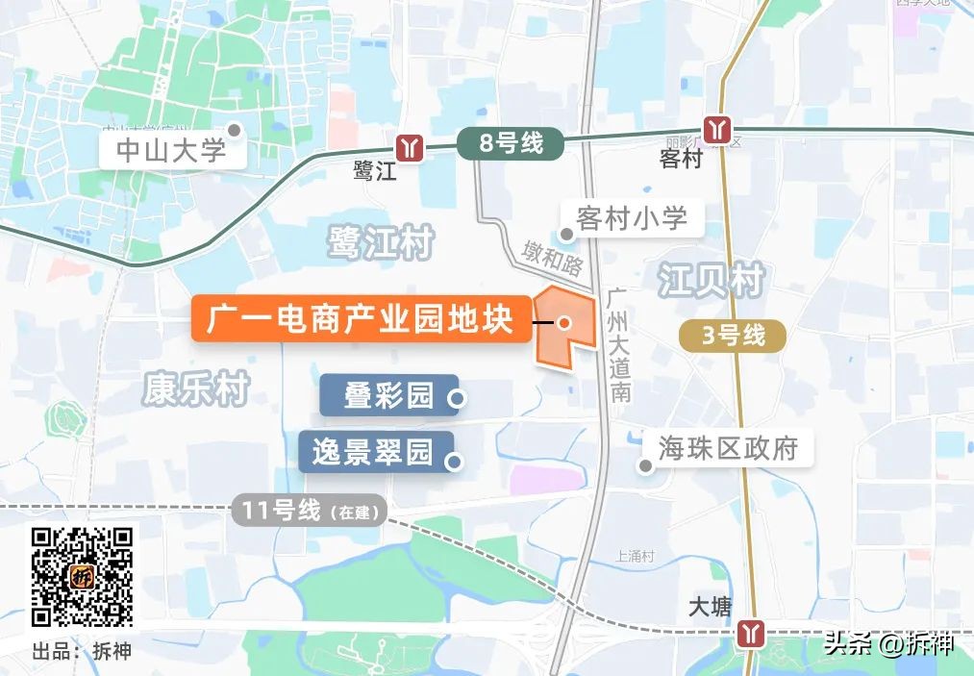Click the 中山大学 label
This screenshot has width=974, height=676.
(x=171, y=151)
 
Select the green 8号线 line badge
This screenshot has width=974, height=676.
(x=511, y=144)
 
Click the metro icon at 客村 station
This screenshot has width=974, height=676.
(x=716, y=128)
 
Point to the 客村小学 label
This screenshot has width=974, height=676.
(x=632, y=218)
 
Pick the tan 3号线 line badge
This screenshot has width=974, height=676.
(x=733, y=336)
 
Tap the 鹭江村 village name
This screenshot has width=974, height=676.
(x=380, y=242)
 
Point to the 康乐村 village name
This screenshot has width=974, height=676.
(x=196, y=389)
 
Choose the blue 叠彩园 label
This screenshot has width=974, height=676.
(x=388, y=395)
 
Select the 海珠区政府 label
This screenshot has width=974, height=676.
(x=728, y=447)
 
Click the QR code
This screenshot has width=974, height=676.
(x=82, y=577)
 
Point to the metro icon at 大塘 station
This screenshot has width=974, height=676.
(x=750, y=634)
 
